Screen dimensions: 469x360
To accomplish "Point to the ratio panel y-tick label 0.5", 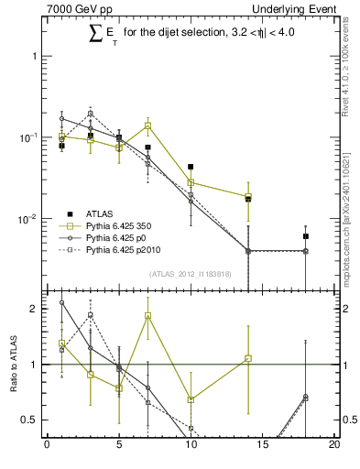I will pyautogui.click(x=31, y=420).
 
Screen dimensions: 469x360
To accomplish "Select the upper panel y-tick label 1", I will pyautogui.click(x=36, y=56).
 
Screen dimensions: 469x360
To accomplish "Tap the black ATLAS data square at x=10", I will pyautogui.click(x=191, y=167).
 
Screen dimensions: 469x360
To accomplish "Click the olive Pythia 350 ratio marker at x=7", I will pyautogui.click(x=147, y=315).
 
